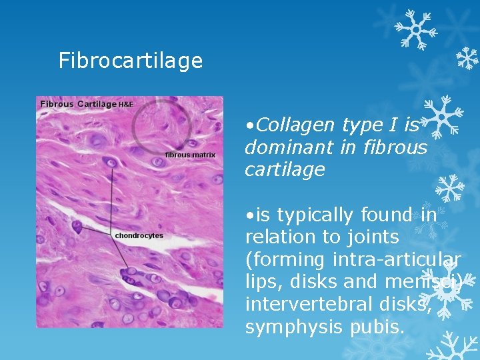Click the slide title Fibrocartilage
pos(131,61)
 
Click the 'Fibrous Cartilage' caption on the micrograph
pos(78,104)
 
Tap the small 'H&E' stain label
pos(126,105)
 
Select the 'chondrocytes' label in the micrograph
pos(139,235)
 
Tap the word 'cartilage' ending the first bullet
pos(285,170)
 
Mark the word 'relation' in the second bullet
pos(278,237)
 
